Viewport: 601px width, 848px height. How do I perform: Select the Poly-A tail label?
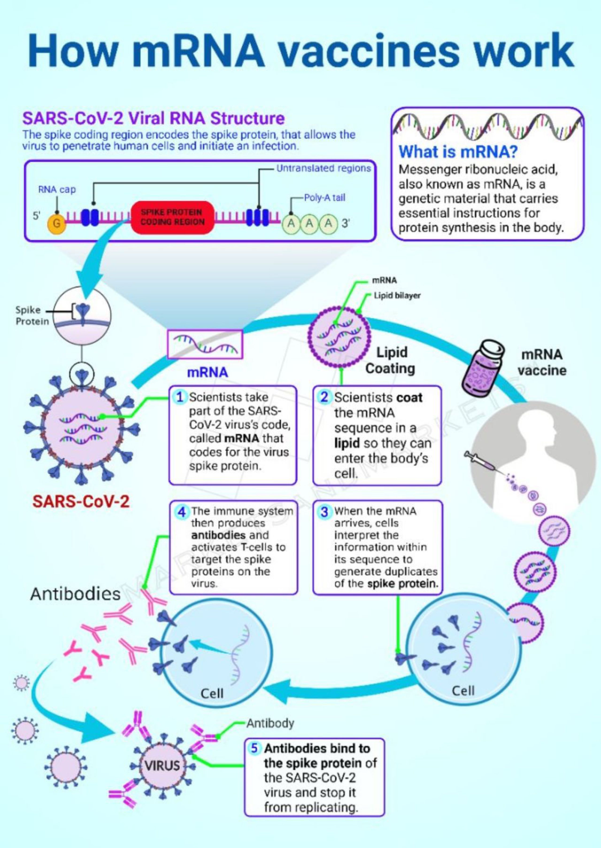[x=324, y=198]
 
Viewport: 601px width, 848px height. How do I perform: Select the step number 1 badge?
[x=180, y=397]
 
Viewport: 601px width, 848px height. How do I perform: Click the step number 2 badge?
[x=324, y=397]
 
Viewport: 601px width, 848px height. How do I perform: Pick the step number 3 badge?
[x=324, y=512]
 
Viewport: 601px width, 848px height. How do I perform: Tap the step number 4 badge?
[x=181, y=512]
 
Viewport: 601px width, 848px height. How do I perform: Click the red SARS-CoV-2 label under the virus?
[x=81, y=502]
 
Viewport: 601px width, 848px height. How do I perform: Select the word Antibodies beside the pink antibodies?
[x=76, y=594]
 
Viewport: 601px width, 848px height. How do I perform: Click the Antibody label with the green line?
[x=270, y=723]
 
